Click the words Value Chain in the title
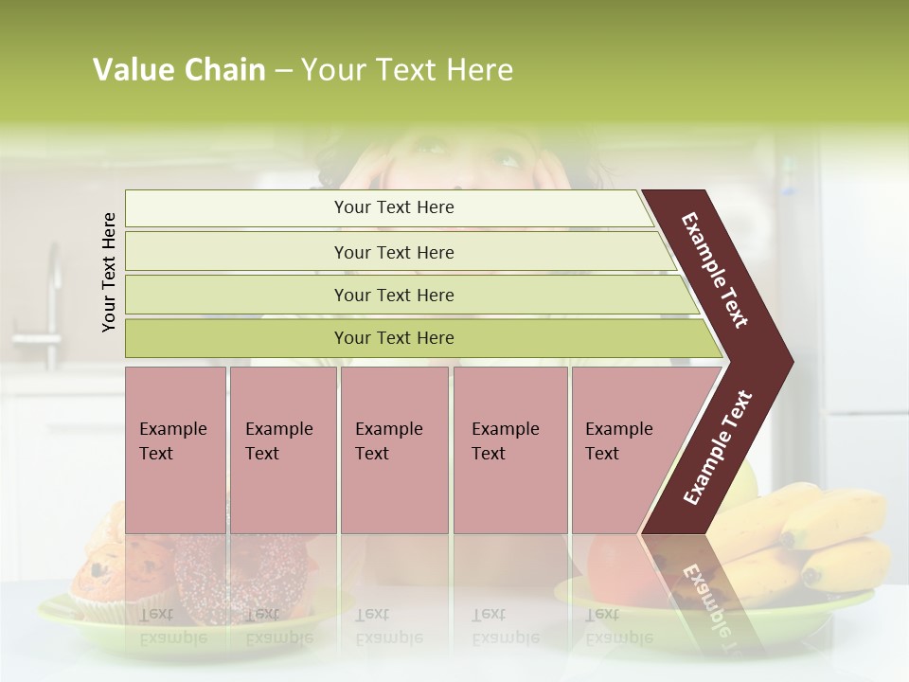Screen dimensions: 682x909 coord(179,70)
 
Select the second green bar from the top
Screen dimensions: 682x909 coord(394,252)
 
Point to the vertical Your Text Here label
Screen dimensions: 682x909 coord(109,272)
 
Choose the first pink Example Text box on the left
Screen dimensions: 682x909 coord(175,449)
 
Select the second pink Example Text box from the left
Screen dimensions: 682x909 coord(282,449)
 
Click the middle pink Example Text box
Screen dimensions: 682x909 coord(394,449)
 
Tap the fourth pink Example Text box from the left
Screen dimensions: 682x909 coord(510,449)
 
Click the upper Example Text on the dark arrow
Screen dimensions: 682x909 coord(715,270)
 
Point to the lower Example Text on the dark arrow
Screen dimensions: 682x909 coord(718,448)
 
